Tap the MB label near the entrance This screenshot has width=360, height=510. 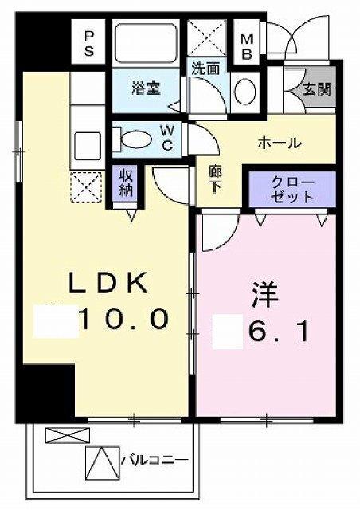click(x=246, y=45)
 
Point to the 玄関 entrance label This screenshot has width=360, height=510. click(x=311, y=90)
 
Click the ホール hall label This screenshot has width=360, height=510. click(x=278, y=143)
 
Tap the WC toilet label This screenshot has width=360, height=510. click(x=169, y=139)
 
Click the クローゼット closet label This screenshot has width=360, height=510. click(x=292, y=190)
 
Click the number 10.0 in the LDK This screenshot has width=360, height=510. click(x=123, y=320)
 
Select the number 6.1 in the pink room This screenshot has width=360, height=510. click(x=279, y=328)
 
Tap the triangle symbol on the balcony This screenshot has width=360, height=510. click(x=101, y=461)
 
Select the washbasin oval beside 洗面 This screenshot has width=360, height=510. click(x=246, y=90)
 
